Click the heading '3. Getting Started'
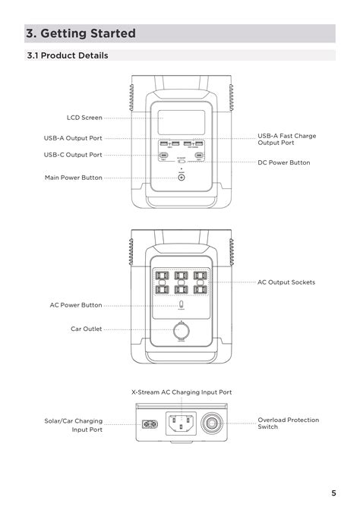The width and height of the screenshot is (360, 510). point(81,33)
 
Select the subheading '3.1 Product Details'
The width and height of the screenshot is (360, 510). point(67,55)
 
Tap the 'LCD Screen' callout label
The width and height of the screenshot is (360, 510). point(84,118)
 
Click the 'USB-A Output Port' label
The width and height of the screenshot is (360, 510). point(73,138)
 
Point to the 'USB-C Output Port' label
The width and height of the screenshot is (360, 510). point(73,154)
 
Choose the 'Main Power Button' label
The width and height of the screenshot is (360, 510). point(73,178)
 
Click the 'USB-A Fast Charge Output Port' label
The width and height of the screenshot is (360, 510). point(286,139)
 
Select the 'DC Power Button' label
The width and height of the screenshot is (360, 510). point(283,162)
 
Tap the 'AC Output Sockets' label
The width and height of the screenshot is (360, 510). point(286,282)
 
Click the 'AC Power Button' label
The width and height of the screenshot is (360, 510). point(76,305)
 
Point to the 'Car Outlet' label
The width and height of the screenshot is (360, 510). point(86,329)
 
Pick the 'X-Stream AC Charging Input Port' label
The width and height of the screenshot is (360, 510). point(181,392)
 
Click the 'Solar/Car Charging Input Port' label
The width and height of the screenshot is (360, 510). point(73,425)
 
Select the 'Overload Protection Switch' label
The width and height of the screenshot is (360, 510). point(288,423)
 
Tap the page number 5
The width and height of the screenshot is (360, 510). point(333,491)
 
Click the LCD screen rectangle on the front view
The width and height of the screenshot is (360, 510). point(181,123)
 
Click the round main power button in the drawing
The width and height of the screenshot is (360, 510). point(182,181)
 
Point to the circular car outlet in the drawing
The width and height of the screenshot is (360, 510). point(182,332)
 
